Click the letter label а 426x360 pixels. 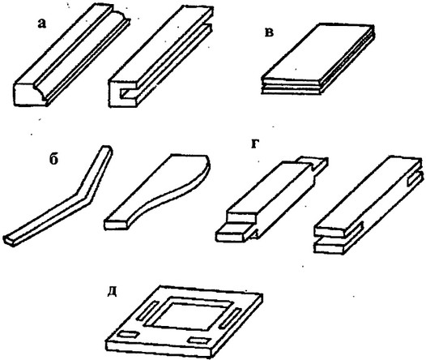coord(42,24)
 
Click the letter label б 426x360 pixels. coord(53,160)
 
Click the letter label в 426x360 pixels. coord(269,32)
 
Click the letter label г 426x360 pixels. coord(254,144)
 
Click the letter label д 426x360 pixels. coord(112,292)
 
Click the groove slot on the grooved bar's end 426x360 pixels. coord(127,92)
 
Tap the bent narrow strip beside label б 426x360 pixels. coord(58,195)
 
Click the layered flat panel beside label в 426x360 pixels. coord(317,58)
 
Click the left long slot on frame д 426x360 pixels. coord(148,310)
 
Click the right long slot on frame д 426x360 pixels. coord(231,317)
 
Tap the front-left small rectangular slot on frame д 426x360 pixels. coord(128,334)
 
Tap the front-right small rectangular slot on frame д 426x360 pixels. coord(200,340)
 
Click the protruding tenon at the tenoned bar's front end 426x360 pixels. coord(233,233)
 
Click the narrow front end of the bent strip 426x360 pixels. coord(9,240)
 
